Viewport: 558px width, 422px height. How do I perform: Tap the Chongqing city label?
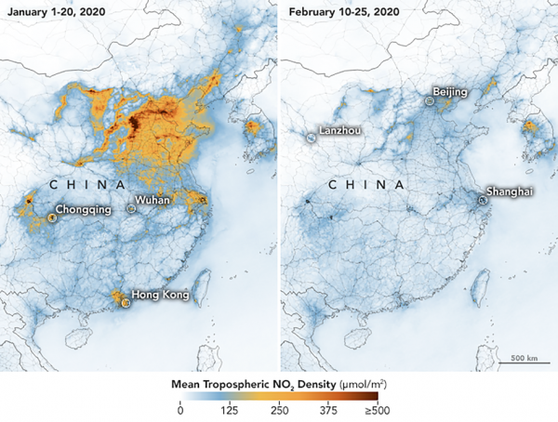[84, 210]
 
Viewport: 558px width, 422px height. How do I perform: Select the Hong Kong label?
[160, 296]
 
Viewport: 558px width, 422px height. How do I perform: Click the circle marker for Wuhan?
[131, 209]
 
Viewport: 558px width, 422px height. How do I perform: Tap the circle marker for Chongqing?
[51, 218]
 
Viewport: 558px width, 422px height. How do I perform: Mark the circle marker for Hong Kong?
[124, 300]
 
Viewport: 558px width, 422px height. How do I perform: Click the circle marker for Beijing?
[429, 99]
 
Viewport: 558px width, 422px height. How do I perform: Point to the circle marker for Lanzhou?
[311, 138]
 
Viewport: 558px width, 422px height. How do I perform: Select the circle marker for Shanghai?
[484, 198]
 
